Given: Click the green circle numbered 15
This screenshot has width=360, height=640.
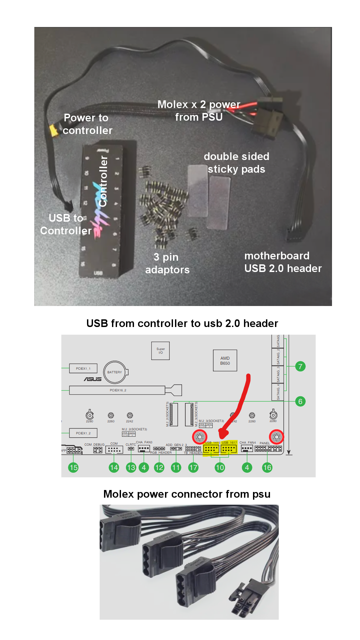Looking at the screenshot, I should pos(73,467).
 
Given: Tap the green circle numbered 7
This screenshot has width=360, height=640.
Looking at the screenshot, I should pos(300,366).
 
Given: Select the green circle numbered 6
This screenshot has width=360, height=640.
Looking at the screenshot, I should pos(300,401).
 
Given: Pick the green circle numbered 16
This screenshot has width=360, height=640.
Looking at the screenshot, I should pos(267,467).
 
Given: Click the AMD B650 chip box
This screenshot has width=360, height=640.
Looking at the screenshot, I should pos(225,360).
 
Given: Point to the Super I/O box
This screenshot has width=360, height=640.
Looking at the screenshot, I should pos(160,351).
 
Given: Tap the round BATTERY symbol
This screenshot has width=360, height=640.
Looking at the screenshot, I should pos(115,372).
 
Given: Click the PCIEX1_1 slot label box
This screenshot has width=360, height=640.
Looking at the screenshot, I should pos(83,368).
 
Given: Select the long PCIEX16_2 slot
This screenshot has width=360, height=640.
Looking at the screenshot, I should pos(117,390).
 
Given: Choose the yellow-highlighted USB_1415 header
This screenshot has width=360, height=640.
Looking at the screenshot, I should pos(211,449).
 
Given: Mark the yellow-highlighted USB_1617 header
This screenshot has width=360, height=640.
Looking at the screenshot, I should pos(229,449).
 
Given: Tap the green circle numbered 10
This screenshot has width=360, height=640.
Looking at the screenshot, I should pos(220,467).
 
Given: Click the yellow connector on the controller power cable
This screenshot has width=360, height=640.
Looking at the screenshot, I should pos(53,130).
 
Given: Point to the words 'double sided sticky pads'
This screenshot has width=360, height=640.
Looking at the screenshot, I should pos(236,163).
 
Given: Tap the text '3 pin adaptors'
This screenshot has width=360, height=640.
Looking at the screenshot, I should pos(167,263).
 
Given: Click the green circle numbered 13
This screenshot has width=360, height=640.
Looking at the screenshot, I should pos(131,467).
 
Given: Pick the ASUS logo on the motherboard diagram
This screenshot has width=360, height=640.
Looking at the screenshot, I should pos(93,379).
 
